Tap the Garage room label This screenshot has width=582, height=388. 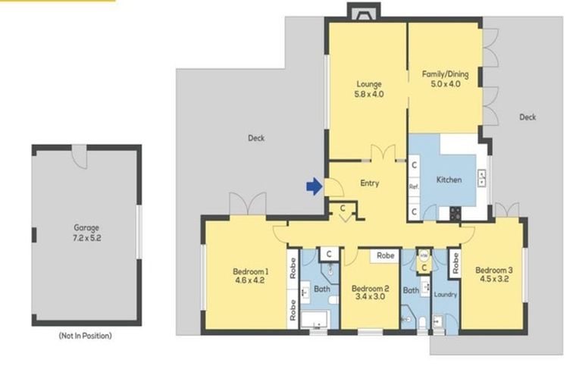click(x=86, y=227)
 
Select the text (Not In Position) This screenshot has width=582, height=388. click(x=85, y=336)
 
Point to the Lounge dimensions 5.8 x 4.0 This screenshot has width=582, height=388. click(x=369, y=95)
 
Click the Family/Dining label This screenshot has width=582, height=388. click(x=445, y=74)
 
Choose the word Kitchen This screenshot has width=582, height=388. click(x=449, y=180)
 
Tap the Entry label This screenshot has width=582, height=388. click(x=369, y=183)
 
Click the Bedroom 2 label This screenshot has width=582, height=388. click(x=370, y=288)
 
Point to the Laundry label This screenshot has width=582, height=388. click(x=446, y=294)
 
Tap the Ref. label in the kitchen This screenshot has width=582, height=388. click(x=414, y=186)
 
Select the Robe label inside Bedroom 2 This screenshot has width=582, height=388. click(x=385, y=257)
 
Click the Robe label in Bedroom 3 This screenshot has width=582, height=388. click(x=455, y=263)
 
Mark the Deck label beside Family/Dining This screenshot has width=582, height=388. click(x=527, y=117)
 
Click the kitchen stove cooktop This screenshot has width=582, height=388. click(x=455, y=213)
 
